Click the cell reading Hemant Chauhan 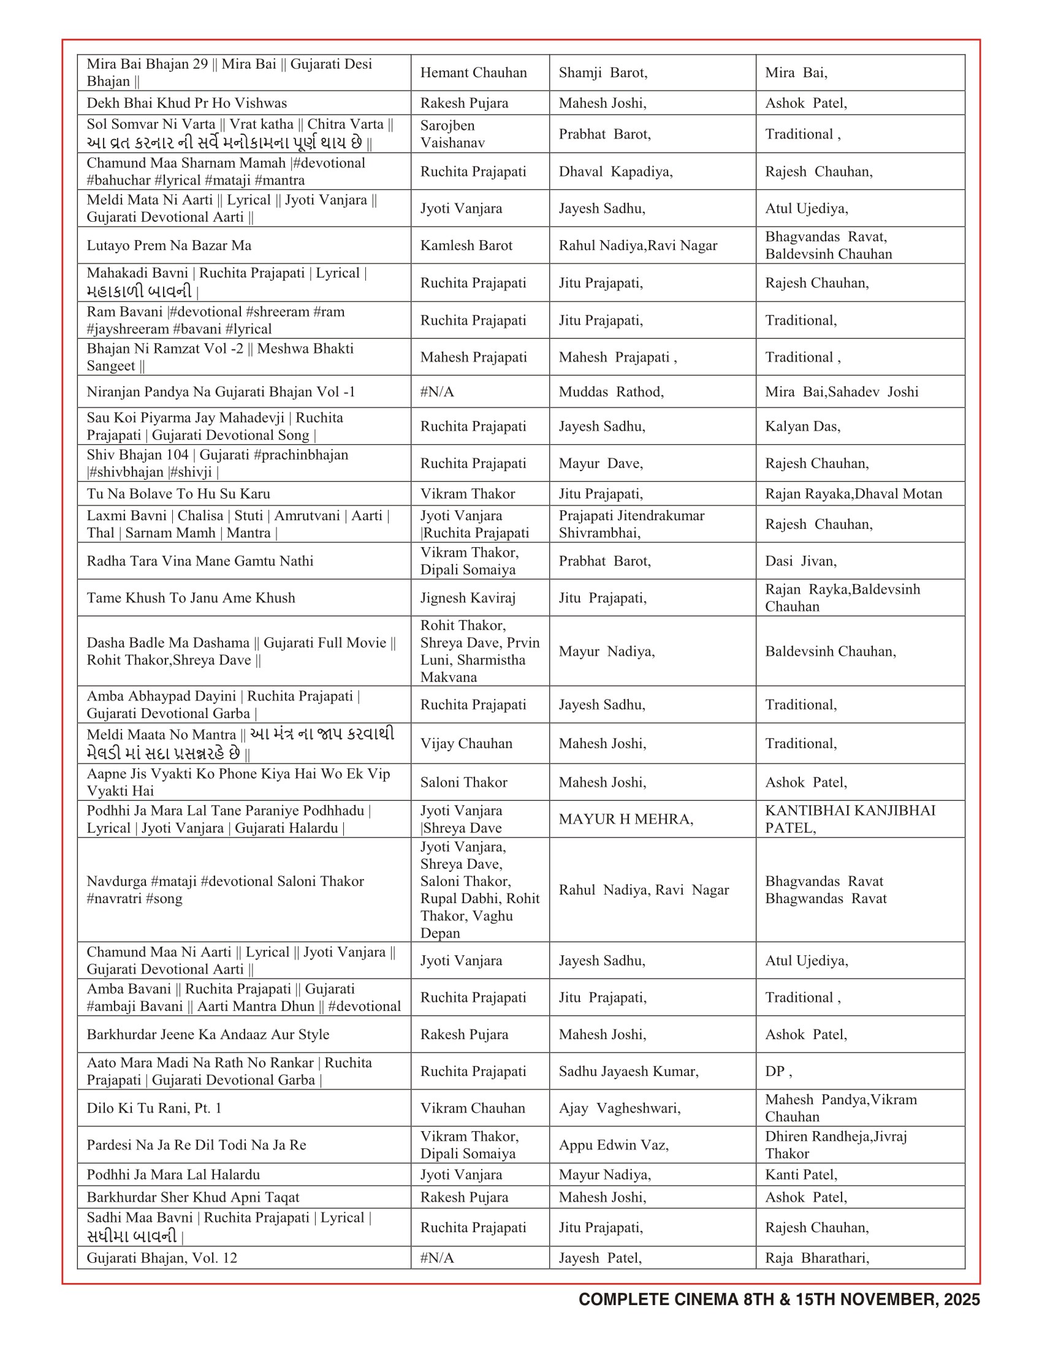coord(473,73)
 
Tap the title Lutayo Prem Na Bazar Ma coord(169,246)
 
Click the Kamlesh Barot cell coord(466,246)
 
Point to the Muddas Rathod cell coord(611,392)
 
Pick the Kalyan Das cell coord(802,426)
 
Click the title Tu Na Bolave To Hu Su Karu coord(178,494)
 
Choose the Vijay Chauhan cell coord(466,744)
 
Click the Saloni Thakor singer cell coord(463,782)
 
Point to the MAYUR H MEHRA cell coord(626,819)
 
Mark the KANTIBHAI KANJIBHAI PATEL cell coord(850,819)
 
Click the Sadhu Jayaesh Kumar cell coord(628,1072)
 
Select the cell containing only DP coord(777,1072)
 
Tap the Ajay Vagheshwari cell coord(620,1108)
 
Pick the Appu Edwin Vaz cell coord(614,1146)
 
